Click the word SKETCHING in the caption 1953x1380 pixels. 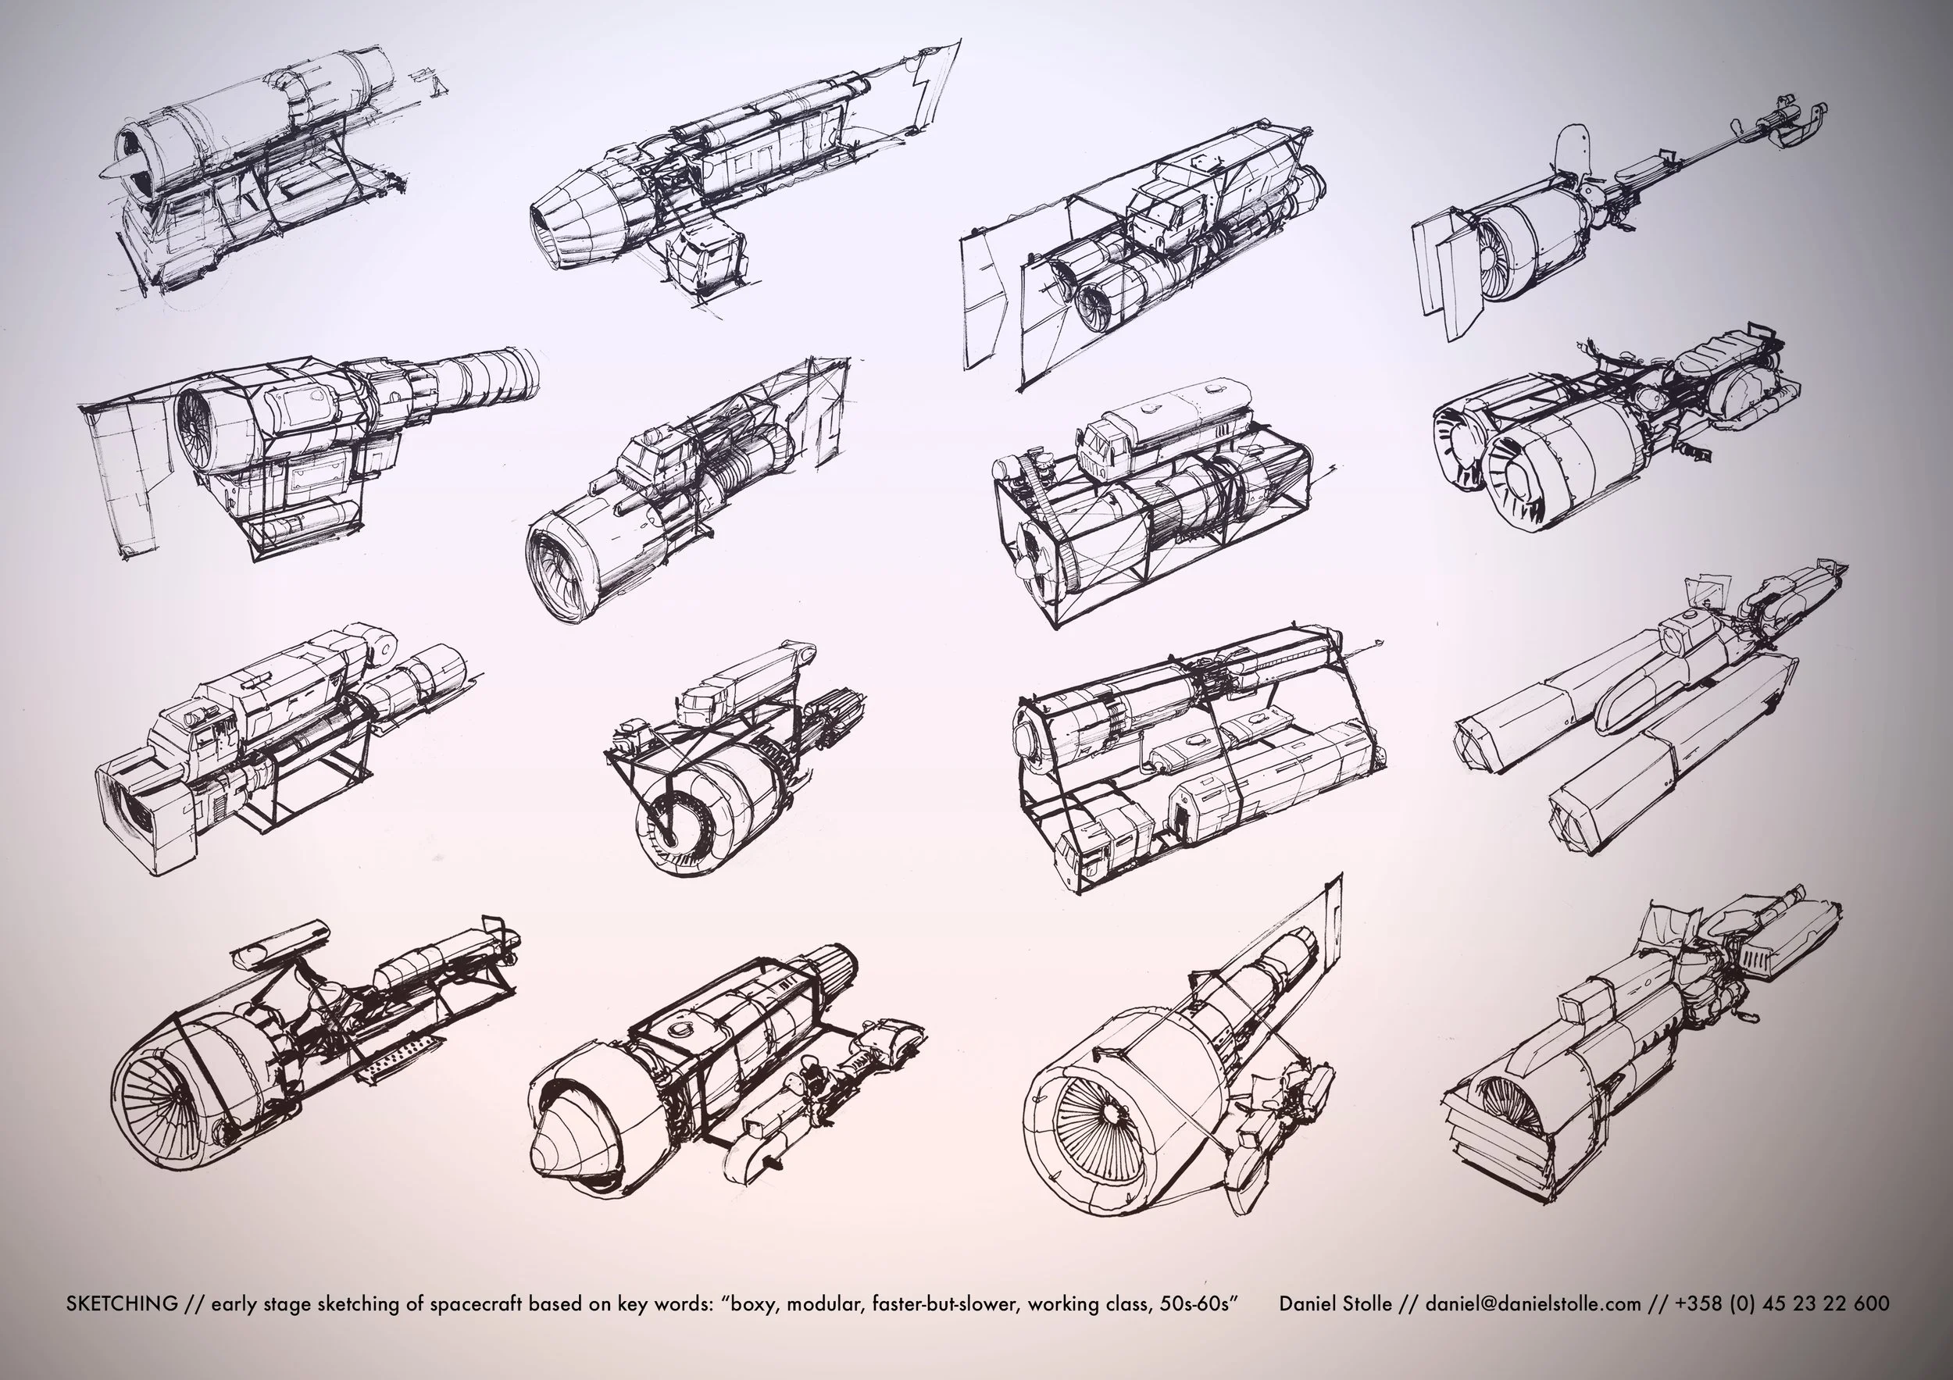(122, 1303)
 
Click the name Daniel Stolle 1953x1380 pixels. (1335, 1303)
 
